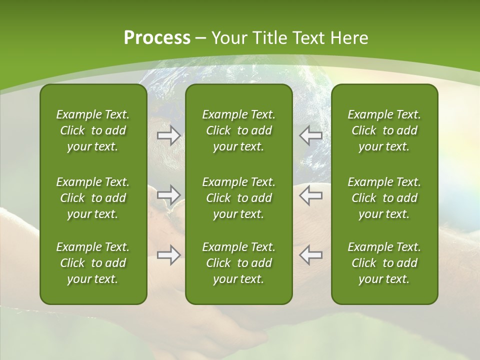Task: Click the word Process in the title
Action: (x=157, y=38)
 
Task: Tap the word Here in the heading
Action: (x=349, y=38)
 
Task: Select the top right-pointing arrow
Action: (x=168, y=135)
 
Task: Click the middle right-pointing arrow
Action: (x=168, y=195)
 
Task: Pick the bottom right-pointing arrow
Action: (x=168, y=255)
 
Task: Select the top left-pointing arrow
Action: (x=310, y=135)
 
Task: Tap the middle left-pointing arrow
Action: (x=310, y=195)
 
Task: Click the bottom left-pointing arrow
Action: (x=310, y=255)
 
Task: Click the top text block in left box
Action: (x=93, y=130)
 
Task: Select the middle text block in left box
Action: (x=93, y=198)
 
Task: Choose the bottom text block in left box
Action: (x=93, y=263)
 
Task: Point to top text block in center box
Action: (x=238, y=130)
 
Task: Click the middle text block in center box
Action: (x=238, y=198)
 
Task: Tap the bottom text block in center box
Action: (x=238, y=263)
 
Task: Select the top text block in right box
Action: (x=384, y=130)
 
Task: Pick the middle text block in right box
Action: (x=384, y=198)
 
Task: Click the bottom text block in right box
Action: (x=384, y=263)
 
